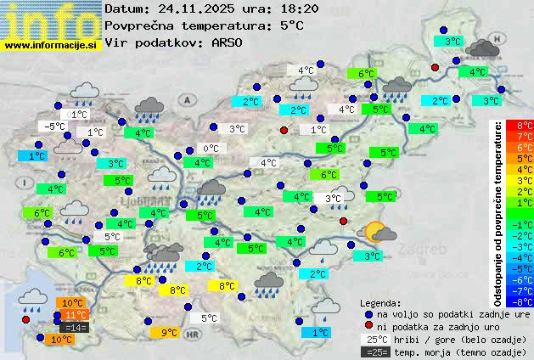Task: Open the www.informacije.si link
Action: [x=52, y=44]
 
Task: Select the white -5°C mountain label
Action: [x=55, y=127]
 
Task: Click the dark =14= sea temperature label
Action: [x=74, y=327]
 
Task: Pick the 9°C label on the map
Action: [x=169, y=333]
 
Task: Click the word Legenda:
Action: [x=380, y=303]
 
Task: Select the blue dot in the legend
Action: [x=368, y=314]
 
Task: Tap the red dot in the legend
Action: [x=368, y=326]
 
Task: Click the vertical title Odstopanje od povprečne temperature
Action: [x=498, y=212]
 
